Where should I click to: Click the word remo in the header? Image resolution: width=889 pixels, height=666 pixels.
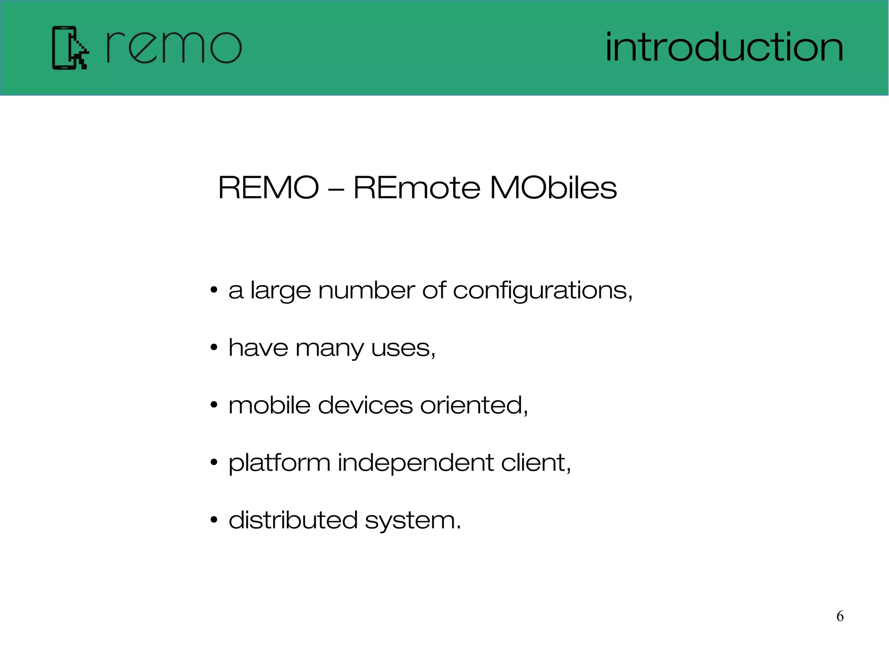pyautogui.click(x=174, y=48)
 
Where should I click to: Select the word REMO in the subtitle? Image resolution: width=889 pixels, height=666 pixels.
pyautogui.click(x=268, y=188)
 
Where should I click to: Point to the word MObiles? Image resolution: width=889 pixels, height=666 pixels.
pyautogui.click(x=553, y=188)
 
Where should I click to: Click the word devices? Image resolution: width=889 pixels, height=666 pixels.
pyautogui.click(x=365, y=405)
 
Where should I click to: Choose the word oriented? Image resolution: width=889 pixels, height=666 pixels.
pyautogui.click(x=473, y=405)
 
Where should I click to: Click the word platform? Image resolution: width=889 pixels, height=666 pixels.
pyautogui.click(x=280, y=463)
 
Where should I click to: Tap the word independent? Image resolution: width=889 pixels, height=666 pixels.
pyautogui.click(x=415, y=463)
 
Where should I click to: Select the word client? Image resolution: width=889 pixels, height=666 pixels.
pyautogui.click(x=535, y=463)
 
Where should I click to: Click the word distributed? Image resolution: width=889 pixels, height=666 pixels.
pyautogui.click(x=293, y=520)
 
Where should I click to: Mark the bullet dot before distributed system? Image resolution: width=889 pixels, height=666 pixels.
pyautogui.click(x=214, y=520)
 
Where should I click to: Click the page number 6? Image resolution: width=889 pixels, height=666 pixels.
pyautogui.click(x=840, y=616)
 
